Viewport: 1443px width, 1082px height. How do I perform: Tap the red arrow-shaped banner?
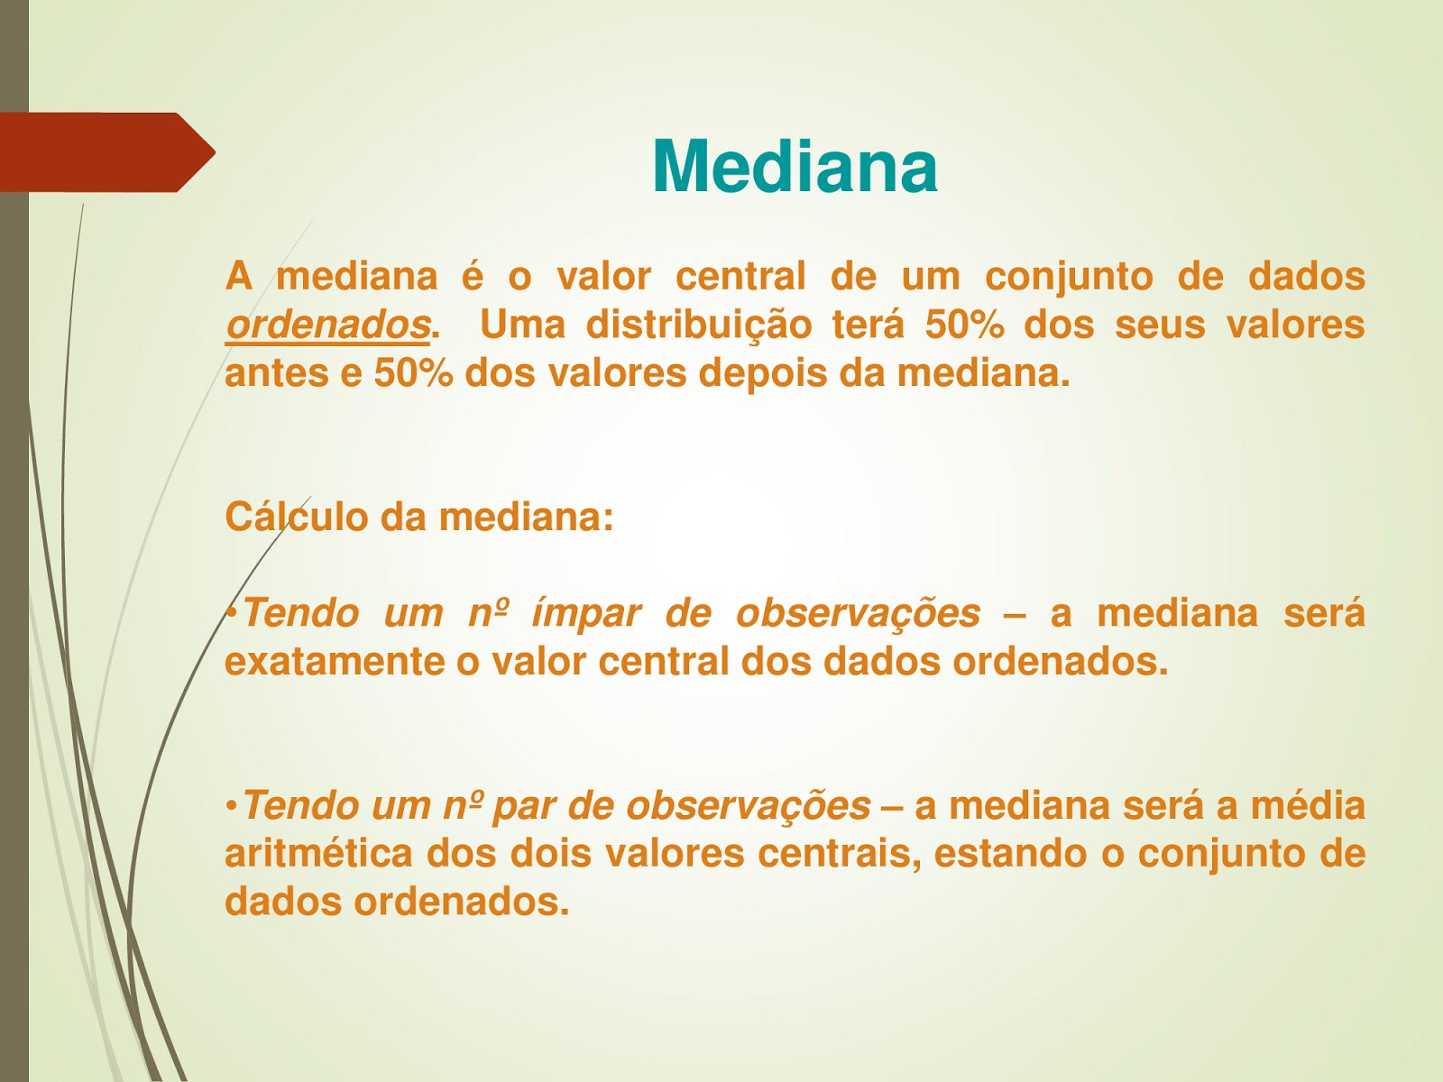tap(107, 152)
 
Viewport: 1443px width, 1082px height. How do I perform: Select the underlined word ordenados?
tap(327, 326)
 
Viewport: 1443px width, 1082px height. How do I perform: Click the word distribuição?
tap(699, 325)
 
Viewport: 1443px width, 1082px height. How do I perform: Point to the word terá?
tap(869, 324)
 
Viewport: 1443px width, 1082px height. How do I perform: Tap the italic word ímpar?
tap(585, 614)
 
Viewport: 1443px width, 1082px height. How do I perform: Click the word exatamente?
tap(335, 662)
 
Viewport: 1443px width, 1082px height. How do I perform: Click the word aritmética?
tap(319, 853)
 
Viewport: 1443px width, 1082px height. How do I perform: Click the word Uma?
tap(522, 325)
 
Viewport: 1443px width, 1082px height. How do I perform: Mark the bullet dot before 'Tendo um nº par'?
tap(231, 806)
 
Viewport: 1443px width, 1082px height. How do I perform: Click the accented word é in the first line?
tap(472, 275)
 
